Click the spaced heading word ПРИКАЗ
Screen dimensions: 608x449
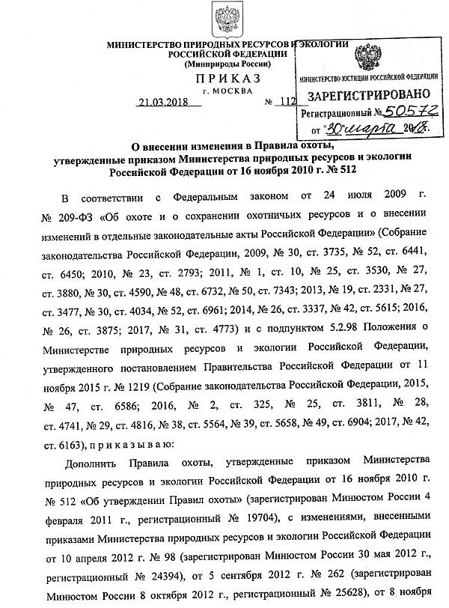coord(227,79)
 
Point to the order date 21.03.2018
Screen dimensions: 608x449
coord(164,103)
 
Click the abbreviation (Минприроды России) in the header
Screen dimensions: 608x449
coord(227,65)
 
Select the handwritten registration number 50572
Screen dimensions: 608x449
coord(404,112)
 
